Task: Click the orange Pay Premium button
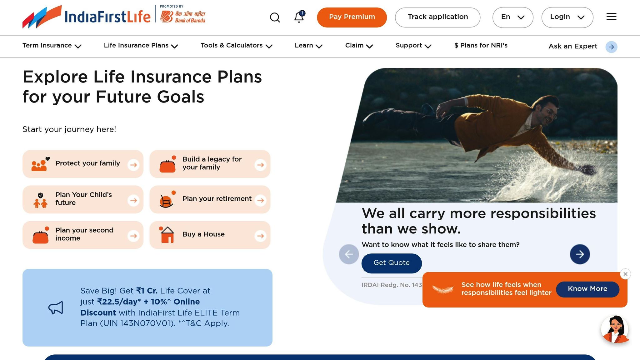pos(352,17)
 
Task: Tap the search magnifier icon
pos(275,17)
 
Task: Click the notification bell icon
pos(299,17)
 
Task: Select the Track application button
pos(437,17)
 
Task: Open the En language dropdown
pos(513,17)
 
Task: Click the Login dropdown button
pos(567,17)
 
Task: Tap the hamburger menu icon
pos(611,17)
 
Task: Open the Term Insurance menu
pos(52,46)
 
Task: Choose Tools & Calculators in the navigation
pos(237,46)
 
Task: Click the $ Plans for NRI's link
pos(481,46)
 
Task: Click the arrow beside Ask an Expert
pos(611,47)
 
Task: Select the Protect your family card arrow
pos(133,165)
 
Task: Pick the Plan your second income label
pos(84,234)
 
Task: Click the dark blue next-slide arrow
pos(580,254)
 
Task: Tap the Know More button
pos(587,289)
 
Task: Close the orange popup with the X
pos(625,274)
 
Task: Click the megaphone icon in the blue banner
pos(56,307)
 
